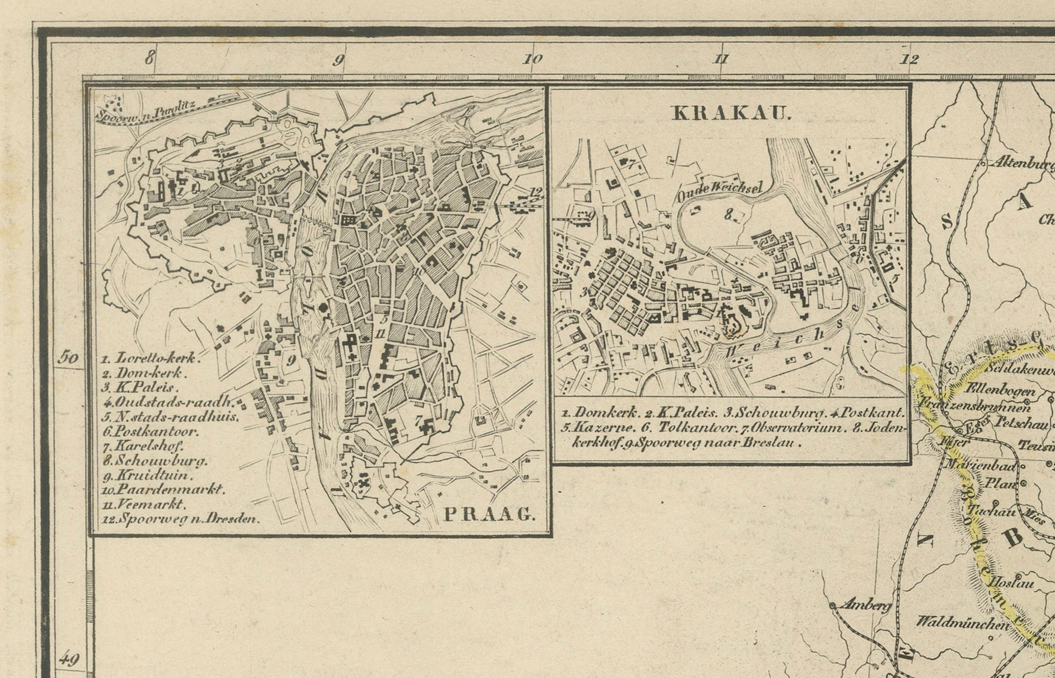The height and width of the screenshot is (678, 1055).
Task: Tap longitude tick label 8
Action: click(150, 57)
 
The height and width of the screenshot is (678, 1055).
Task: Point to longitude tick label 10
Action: click(532, 59)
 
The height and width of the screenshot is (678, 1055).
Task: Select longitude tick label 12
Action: click(909, 59)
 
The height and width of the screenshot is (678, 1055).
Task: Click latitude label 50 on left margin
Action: click(69, 357)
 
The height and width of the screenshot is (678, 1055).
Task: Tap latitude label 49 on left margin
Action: click(69, 659)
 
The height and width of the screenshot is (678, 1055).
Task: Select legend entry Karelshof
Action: click(143, 445)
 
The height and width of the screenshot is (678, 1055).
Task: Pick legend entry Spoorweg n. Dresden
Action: click(181, 519)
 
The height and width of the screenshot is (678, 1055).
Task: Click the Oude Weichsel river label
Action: click(718, 192)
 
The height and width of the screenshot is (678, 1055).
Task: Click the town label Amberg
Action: click(865, 606)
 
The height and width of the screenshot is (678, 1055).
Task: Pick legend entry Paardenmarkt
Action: click(164, 489)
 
